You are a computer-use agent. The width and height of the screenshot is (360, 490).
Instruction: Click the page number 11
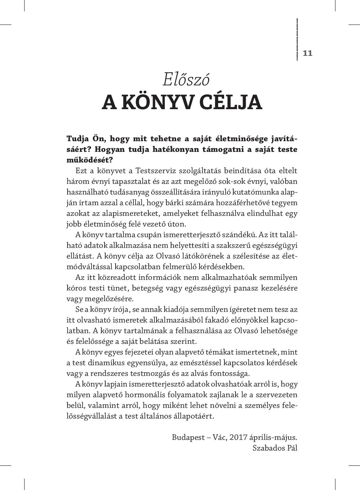point(307,53)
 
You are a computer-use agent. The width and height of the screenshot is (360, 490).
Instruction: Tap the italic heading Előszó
point(186,79)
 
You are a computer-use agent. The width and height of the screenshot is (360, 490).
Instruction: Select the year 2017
point(238,437)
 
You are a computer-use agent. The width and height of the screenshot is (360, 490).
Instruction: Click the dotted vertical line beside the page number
point(297,39)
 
